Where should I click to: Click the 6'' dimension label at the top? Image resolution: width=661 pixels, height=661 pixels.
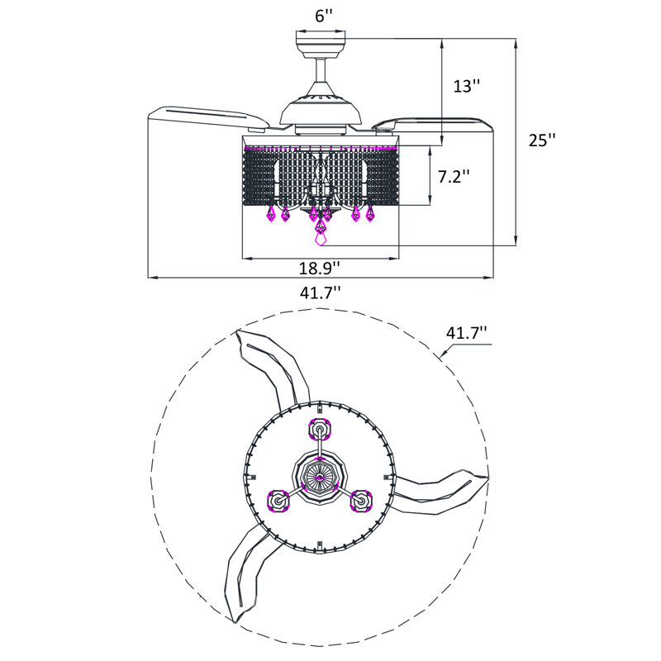point(324,16)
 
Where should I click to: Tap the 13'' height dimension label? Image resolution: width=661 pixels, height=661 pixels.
point(467,86)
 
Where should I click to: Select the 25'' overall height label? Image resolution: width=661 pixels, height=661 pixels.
point(543,140)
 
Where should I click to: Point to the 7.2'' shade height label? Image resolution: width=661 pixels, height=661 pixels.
point(454,176)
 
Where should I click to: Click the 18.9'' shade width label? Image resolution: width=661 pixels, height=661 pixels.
point(320,268)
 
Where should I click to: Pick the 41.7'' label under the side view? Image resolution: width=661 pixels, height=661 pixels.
point(321,292)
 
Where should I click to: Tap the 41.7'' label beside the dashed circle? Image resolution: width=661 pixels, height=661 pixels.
point(467,333)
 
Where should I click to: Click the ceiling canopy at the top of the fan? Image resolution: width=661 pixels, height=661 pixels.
point(321,45)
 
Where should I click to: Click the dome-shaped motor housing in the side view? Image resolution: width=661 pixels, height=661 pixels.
point(321,111)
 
